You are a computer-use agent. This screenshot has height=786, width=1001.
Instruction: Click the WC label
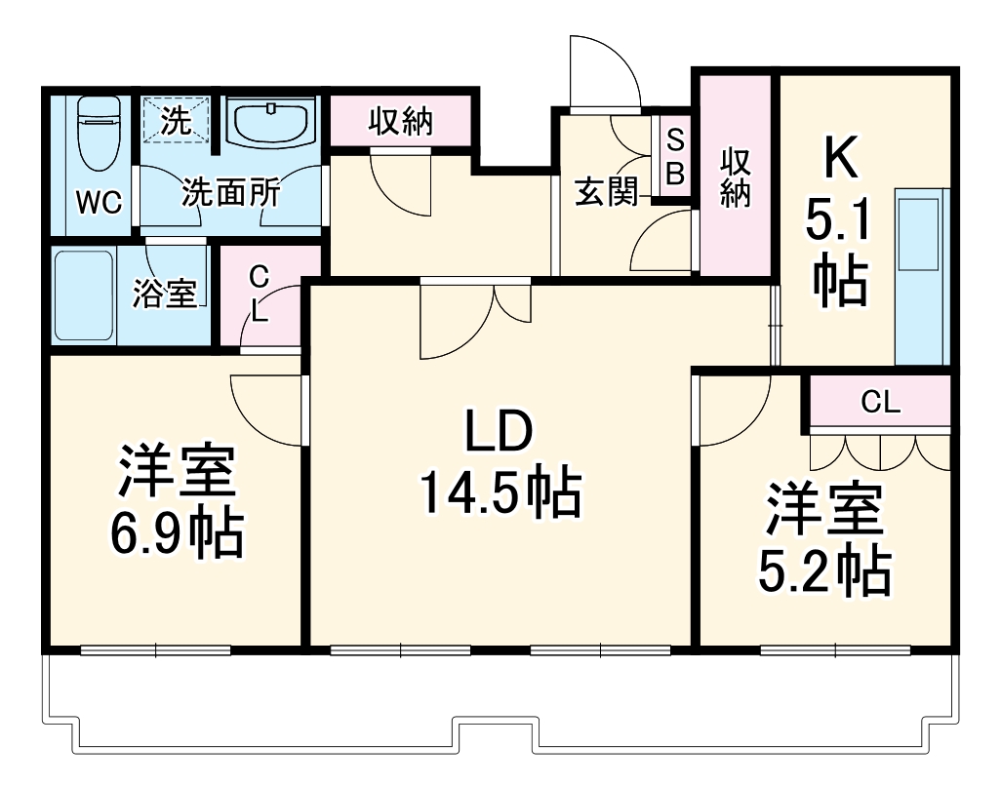[100, 203]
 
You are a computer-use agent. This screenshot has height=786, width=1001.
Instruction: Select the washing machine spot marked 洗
[176, 122]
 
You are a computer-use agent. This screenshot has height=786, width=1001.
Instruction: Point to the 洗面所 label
[231, 193]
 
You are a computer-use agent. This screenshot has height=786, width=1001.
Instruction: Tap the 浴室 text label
[166, 295]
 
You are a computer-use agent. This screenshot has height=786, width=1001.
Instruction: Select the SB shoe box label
[674, 156]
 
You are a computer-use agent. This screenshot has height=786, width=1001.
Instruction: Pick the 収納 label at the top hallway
[401, 122]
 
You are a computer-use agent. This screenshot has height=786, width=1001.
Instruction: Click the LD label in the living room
[498, 432]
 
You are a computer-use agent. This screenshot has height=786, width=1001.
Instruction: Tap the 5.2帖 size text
[824, 572]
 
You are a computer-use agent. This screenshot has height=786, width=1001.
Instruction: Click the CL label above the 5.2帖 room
[880, 402]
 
